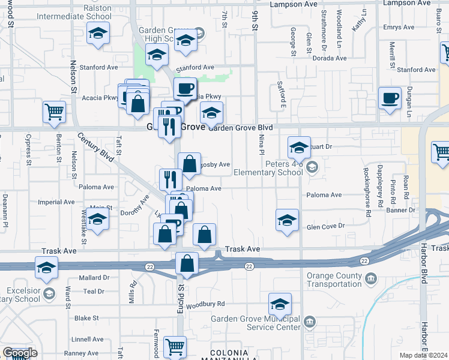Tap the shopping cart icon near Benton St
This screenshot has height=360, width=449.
tap(54, 112)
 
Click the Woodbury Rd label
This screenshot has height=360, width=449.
tap(205, 304)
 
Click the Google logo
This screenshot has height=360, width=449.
tap(20, 353)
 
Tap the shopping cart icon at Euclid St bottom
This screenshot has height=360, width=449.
tap(175, 346)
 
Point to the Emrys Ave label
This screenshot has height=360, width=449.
tap(400, 28)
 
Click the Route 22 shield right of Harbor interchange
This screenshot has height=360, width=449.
tap(364, 260)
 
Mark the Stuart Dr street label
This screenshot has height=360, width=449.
tap(320, 146)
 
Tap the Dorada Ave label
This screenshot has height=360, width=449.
tap(330, 58)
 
